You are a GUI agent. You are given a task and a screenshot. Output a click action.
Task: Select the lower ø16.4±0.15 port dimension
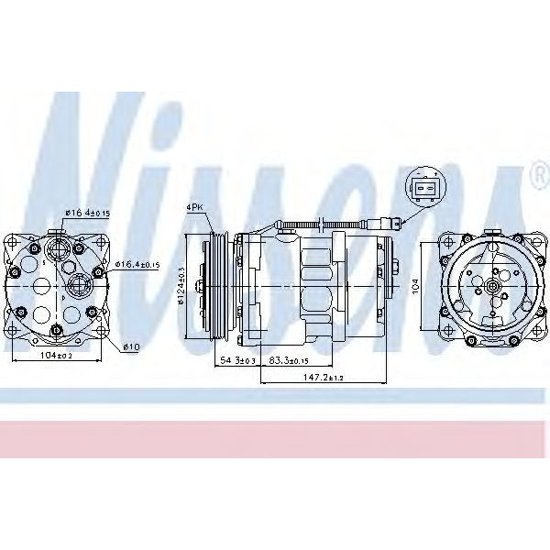click(x=137, y=265)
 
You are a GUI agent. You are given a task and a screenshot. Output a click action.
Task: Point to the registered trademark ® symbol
click(x=537, y=171)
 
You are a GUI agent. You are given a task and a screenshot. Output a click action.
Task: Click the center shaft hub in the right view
click(x=492, y=286)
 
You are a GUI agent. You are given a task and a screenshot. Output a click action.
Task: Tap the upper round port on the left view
click(x=57, y=248)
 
